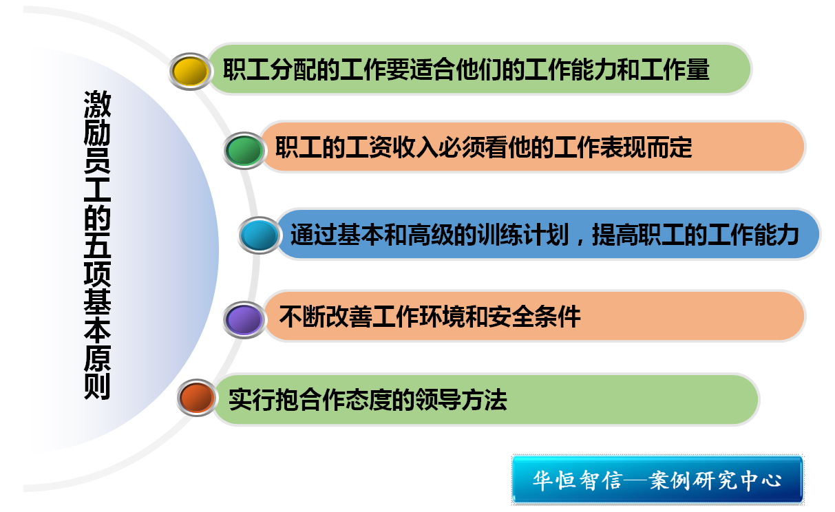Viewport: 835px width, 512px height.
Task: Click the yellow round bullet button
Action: point(191,71)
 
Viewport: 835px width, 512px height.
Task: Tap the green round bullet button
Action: point(244,151)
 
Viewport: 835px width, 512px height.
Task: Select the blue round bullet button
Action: point(260,235)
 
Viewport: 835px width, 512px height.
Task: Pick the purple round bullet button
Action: point(244,320)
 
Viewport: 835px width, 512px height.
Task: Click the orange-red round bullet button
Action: point(197,398)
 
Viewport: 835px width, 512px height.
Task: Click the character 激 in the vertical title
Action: point(97,105)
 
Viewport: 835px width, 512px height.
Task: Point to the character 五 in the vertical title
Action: point(97,245)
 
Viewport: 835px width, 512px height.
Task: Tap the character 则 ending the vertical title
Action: point(97,387)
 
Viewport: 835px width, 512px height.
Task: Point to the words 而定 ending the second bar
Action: point(669,147)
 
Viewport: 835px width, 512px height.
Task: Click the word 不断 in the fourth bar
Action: point(302,317)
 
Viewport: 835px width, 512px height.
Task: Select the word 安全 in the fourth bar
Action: point(511,317)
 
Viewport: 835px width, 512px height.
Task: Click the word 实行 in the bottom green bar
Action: point(252,399)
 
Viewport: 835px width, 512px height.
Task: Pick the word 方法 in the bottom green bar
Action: point(484,399)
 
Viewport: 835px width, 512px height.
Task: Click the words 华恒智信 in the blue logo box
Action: point(578,480)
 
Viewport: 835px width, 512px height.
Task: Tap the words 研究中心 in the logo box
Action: point(737,480)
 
